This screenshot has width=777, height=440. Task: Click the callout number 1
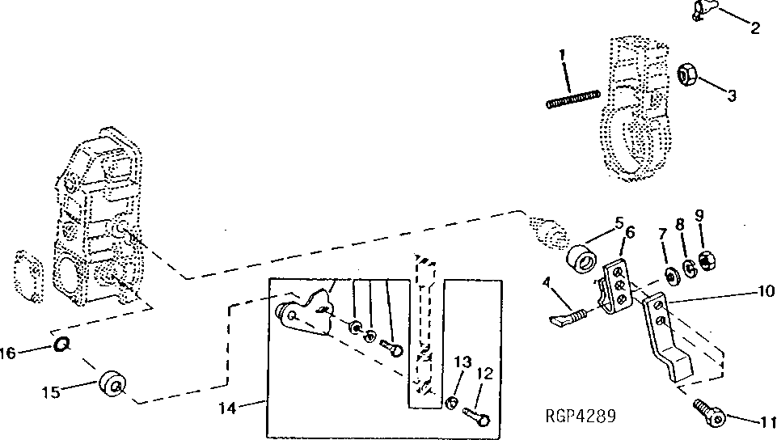(x=562, y=57)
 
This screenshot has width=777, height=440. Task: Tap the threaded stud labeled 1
(x=572, y=100)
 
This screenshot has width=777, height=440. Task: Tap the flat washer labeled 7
(x=671, y=276)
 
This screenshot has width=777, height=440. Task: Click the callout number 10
(x=765, y=289)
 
